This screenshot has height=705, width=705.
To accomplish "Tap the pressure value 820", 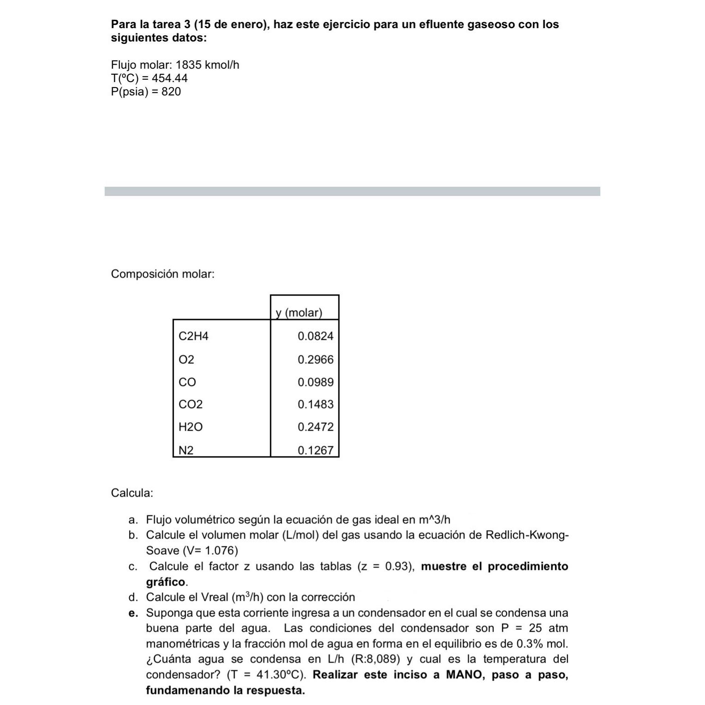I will click(171, 92).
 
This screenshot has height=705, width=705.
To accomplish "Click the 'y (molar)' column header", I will click(299, 313).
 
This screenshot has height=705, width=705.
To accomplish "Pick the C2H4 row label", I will click(193, 336).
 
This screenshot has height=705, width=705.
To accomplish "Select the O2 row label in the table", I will click(186, 360).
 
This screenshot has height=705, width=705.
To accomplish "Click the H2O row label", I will click(190, 427).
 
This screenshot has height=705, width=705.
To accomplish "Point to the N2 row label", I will click(186, 450).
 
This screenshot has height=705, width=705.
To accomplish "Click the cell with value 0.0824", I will click(315, 336).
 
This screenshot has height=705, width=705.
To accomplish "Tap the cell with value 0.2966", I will click(315, 360).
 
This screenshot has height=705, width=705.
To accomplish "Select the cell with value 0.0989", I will click(315, 382).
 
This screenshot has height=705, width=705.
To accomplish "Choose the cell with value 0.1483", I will click(315, 404).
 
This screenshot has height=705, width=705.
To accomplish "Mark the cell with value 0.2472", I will click(315, 427).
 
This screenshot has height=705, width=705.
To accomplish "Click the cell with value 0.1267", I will click(315, 450).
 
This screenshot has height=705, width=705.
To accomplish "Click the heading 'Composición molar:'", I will click(163, 274).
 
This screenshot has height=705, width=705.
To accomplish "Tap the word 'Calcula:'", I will click(132, 493).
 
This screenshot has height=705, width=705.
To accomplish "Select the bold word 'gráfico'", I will click(166, 582).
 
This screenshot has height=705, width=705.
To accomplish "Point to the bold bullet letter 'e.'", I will click(134, 613).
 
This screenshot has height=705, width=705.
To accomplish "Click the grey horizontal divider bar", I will click(352, 191).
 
